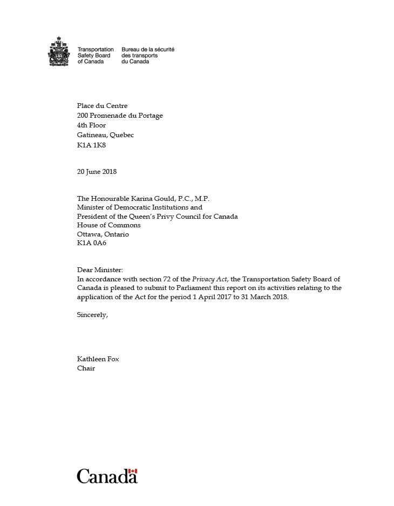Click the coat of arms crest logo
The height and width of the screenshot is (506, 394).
click(x=59, y=52)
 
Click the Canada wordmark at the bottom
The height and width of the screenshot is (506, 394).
click(x=107, y=476)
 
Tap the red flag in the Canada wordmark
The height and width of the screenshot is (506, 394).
click(x=133, y=471)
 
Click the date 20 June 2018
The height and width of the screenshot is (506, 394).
click(x=97, y=172)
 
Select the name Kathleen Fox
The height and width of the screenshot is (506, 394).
click(x=98, y=359)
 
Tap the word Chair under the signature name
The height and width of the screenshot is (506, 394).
click(x=86, y=368)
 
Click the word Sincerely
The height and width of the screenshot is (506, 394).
click(x=92, y=315)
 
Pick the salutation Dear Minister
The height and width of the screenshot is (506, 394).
click(x=100, y=269)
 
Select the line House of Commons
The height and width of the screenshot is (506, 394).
click(x=108, y=225)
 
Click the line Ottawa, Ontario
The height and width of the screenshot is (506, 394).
click(x=103, y=234)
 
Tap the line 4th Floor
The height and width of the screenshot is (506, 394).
click(x=91, y=125)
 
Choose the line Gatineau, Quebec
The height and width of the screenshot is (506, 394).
click(x=105, y=135)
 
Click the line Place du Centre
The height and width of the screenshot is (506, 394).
click(x=102, y=106)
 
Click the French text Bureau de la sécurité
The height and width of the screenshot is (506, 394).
click(x=148, y=49)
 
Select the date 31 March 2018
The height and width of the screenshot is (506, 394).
click(x=264, y=298)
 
